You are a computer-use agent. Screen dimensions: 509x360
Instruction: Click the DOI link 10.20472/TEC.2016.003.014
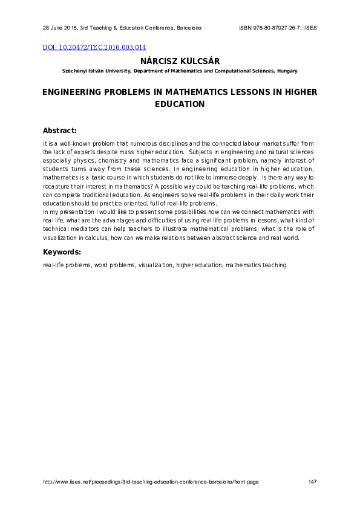click(94, 47)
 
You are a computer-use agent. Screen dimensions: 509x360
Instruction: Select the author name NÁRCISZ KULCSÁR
click(180, 61)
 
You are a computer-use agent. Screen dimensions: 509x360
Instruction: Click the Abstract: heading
click(60, 131)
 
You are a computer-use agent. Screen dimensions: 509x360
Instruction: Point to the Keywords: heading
click(62, 252)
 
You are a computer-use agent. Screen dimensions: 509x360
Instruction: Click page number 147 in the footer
click(313, 482)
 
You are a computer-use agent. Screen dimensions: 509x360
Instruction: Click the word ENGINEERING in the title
click(73, 92)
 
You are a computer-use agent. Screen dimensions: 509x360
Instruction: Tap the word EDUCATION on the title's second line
click(180, 104)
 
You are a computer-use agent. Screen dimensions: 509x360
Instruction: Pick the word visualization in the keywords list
click(155, 265)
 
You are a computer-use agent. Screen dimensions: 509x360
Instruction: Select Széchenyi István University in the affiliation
click(96, 71)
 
